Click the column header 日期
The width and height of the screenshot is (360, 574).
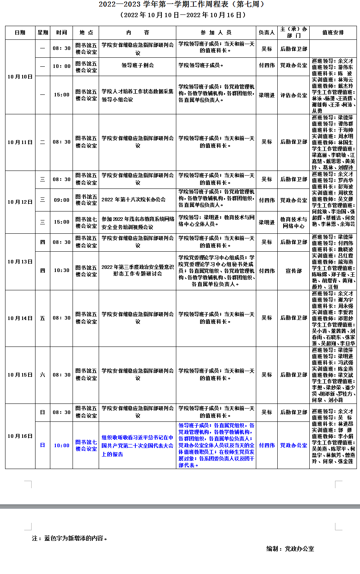tap(20, 33)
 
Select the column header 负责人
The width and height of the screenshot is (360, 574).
tap(267, 33)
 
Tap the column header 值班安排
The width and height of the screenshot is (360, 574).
tap(333, 33)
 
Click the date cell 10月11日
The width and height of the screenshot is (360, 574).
tap(20, 142)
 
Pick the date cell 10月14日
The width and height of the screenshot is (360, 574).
tap(20, 318)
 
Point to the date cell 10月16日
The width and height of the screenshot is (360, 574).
tap(20, 436)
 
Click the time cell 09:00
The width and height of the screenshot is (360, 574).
tap(62, 200)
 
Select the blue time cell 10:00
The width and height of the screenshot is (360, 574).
tap(62, 445)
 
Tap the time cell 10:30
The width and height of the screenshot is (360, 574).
tap(62, 270)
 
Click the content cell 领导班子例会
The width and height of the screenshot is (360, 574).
tap(137, 66)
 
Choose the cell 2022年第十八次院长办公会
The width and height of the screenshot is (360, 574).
tap(133, 200)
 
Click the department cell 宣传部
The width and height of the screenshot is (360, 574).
tap(294, 271)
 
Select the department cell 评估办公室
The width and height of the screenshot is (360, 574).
tap(294, 95)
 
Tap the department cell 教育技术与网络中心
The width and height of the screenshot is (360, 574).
tap(294, 222)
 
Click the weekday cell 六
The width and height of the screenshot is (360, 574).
tap(43, 375)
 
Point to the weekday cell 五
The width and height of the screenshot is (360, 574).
tap(43, 318)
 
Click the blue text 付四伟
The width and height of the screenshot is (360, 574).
tap(267, 445)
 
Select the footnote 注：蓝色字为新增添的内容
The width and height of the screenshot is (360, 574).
tap(69, 538)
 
